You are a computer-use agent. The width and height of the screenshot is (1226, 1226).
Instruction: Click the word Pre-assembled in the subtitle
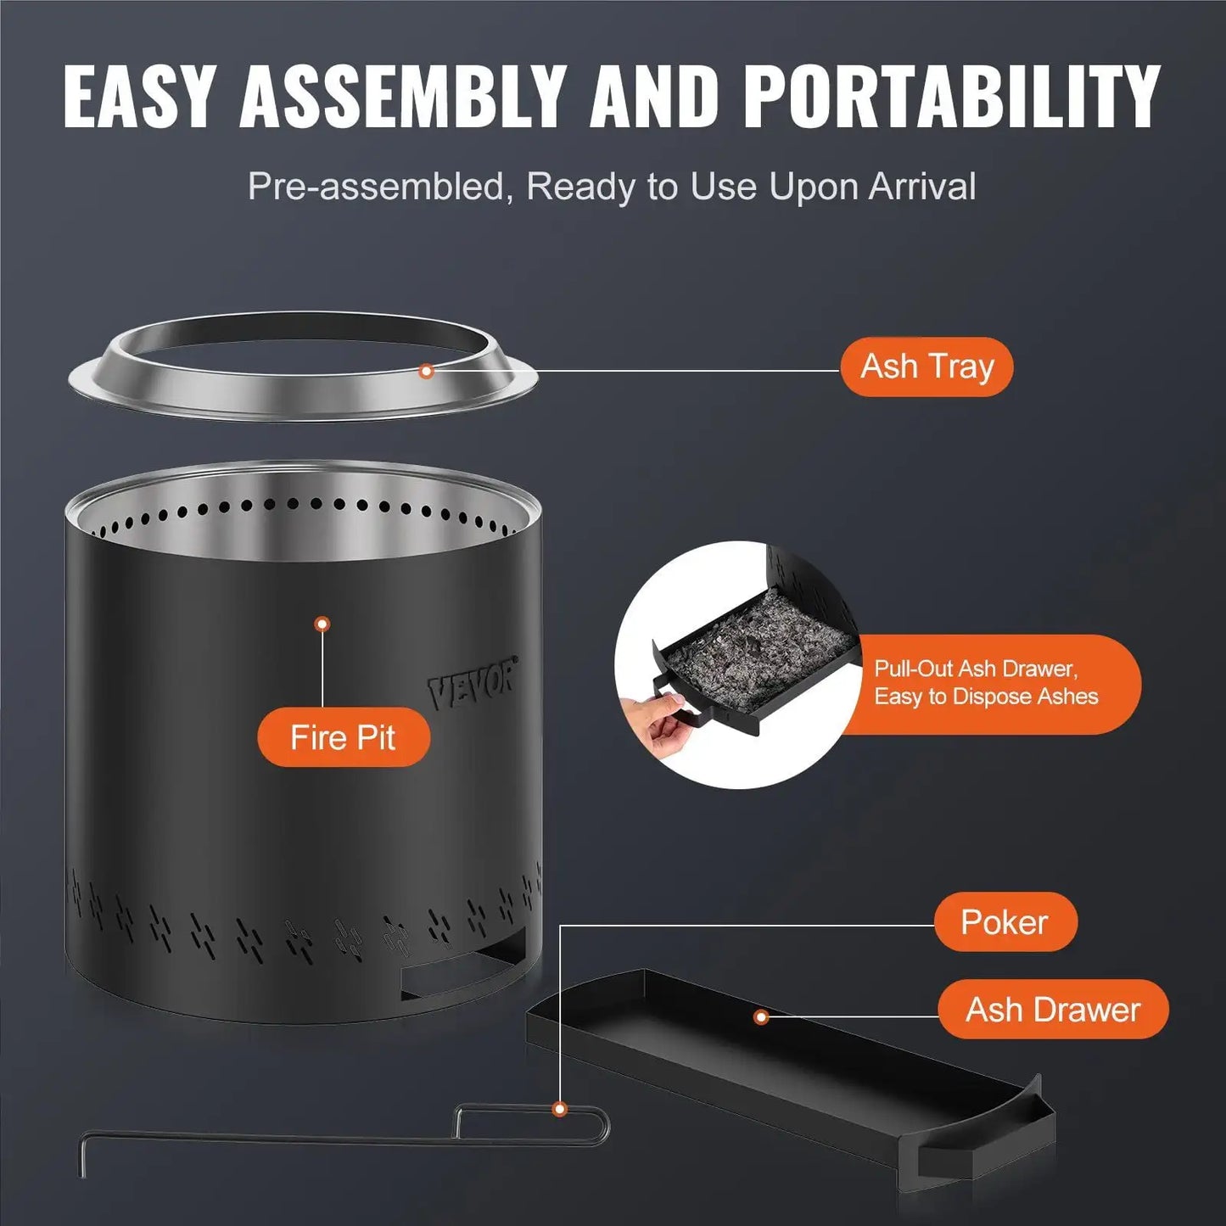click(x=376, y=187)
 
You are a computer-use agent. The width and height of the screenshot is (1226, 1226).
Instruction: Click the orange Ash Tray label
click(x=926, y=367)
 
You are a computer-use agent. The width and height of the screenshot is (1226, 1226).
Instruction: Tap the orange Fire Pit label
click(x=343, y=737)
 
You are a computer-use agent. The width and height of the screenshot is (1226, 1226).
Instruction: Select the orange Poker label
click(x=1005, y=922)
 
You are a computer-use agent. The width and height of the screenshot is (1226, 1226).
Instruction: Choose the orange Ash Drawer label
click(x=1053, y=1010)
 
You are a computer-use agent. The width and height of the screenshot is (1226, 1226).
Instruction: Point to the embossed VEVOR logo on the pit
click(x=472, y=684)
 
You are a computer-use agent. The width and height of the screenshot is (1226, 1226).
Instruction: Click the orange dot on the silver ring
click(x=427, y=371)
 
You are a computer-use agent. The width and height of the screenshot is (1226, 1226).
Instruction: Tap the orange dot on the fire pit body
click(x=322, y=624)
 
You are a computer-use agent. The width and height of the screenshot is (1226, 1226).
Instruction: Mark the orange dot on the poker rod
click(x=559, y=1109)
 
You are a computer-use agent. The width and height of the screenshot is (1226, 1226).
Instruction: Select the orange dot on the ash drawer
click(x=761, y=1016)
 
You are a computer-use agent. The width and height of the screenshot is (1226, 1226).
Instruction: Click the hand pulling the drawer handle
click(x=655, y=718)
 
